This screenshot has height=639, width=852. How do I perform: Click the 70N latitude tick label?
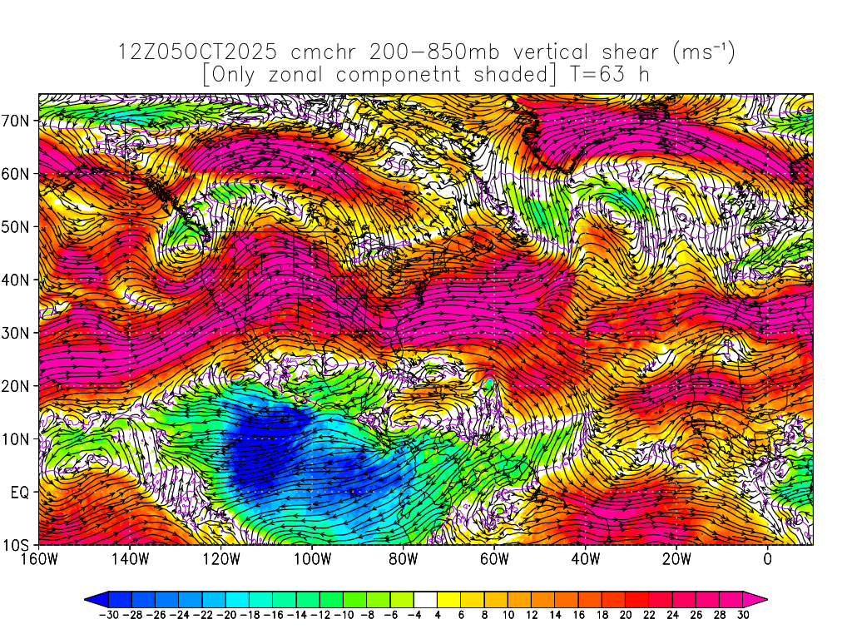click(18, 120)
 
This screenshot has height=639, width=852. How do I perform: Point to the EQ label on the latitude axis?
click(21, 492)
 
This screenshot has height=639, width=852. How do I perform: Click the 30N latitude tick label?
click(18, 333)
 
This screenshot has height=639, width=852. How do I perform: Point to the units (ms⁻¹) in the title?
click(703, 52)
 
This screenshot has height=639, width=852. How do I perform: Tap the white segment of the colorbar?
click(425, 598)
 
